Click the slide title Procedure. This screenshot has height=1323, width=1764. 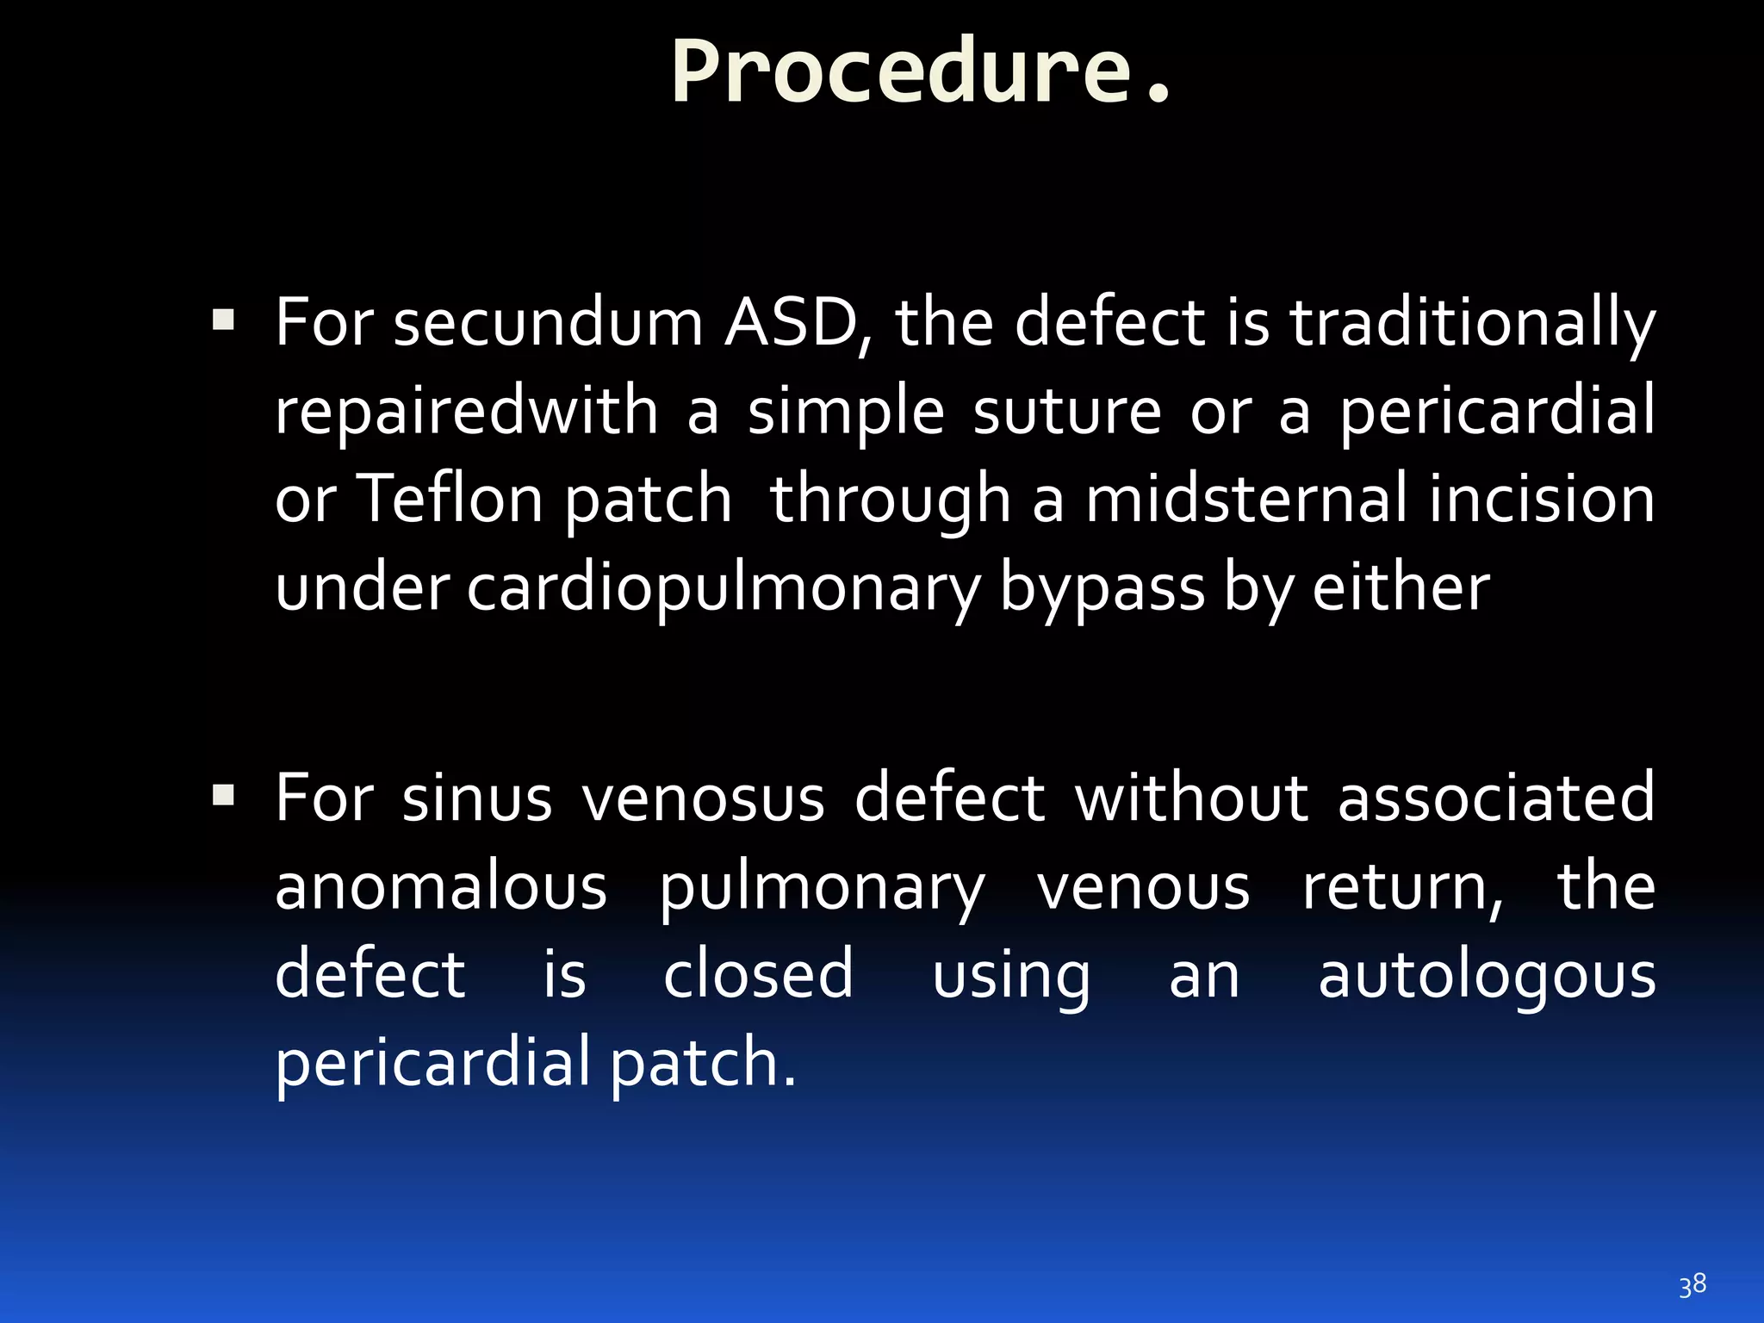click(920, 72)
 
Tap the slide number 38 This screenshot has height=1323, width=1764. click(1692, 1285)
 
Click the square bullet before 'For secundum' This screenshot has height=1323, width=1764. click(223, 321)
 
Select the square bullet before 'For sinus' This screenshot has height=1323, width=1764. click(223, 794)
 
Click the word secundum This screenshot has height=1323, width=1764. click(549, 324)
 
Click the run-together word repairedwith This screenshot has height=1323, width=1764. click(466, 412)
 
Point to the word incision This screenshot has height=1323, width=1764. click(1541, 500)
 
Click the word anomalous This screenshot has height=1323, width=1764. click(441, 887)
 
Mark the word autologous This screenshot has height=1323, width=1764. click(1487, 977)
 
